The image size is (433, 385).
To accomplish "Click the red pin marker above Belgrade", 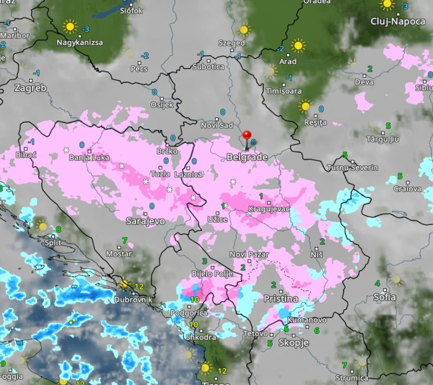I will [x=247, y=135].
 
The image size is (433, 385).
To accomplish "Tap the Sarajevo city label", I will [x=145, y=221].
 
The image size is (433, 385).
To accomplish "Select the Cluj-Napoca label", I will [x=398, y=21].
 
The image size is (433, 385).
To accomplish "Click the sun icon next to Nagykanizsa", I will [x=70, y=26].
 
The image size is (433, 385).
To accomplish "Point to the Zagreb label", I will [x=30, y=88].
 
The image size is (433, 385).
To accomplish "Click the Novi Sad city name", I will [x=217, y=126].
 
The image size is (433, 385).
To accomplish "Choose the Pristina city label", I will [x=281, y=298].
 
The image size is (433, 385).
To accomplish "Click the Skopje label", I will [x=294, y=343].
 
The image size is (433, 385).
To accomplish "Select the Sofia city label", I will [x=384, y=297].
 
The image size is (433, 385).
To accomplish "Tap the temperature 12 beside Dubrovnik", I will [x=139, y=286].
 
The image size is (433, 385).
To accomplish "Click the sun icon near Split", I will [x=42, y=226].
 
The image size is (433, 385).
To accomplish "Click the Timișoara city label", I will [x=283, y=91].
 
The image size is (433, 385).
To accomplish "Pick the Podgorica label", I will [x=189, y=313].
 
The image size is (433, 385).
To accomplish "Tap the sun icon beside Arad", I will [x=298, y=45].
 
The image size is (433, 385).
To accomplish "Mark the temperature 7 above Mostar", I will [x=124, y=240].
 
